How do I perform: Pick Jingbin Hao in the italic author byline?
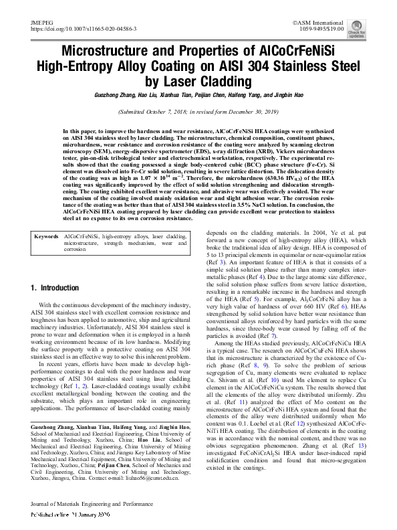point(287,96)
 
